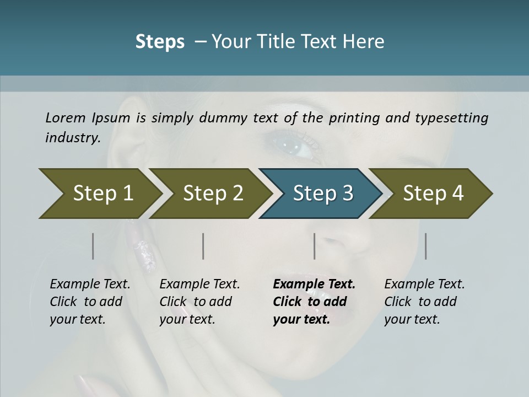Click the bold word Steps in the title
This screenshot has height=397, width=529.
coord(160,41)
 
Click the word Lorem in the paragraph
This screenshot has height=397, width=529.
coord(66,117)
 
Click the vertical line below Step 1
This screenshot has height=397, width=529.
coord(93,246)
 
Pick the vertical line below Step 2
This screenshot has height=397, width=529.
coord(203,246)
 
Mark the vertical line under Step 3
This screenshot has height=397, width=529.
coord(315,246)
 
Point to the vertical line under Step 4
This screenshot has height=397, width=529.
coord(425,246)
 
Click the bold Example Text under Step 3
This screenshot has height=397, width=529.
coord(314,284)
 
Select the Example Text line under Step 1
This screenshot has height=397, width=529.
coord(90,284)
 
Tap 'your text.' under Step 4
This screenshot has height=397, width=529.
coord(412,319)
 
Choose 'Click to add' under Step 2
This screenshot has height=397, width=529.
coord(196,302)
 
